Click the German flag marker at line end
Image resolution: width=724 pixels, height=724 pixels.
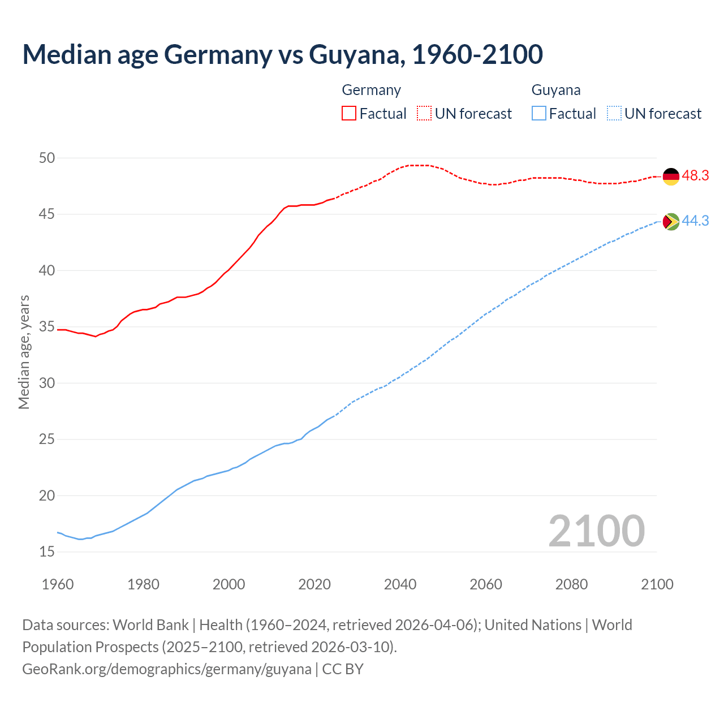(x=671, y=176)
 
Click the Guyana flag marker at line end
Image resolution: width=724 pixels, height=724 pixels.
(x=671, y=222)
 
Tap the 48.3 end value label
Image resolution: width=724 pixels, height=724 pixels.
(x=695, y=176)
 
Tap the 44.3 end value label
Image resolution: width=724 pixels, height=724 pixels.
(x=695, y=221)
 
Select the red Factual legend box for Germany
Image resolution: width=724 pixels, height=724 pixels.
(x=349, y=113)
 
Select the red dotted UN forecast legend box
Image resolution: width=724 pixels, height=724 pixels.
(x=424, y=113)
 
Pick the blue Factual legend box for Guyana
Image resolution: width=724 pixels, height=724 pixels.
(x=539, y=113)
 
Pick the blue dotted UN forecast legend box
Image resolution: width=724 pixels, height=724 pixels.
(x=614, y=113)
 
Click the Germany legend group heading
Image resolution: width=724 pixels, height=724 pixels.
(x=371, y=90)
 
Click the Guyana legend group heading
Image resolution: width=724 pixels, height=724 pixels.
(x=555, y=90)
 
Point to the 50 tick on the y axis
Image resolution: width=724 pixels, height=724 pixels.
(x=47, y=158)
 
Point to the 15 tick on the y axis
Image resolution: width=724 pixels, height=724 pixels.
(x=47, y=551)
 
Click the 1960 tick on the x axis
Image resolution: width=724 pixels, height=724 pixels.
(x=58, y=584)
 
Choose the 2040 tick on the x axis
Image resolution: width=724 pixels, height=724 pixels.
(x=400, y=584)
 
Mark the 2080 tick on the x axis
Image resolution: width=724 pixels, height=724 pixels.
(x=571, y=584)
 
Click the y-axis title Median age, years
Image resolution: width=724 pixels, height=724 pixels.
(x=24, y=352)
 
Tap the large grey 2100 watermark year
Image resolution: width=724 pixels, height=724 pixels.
(x=596, y=531)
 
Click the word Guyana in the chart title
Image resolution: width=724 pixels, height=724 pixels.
(x=356, y=54)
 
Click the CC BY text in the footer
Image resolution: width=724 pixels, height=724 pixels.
(x=343, y=669)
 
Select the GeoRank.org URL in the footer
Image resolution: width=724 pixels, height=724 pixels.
(x=166, y=669)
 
